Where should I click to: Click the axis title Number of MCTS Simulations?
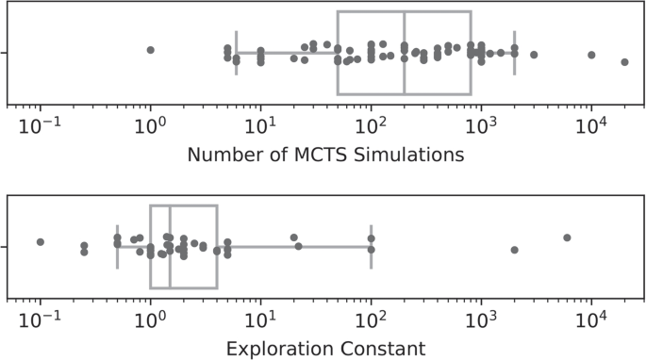coord(325,155)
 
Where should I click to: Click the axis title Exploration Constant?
coord(325,349)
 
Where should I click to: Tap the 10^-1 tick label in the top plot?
coord(39,123)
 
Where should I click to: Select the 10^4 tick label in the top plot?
coord(591,123)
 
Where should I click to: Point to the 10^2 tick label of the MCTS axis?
coord(371,123)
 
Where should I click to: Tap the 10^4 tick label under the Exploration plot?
coord(591,317)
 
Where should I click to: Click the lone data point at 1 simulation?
coord(150,49)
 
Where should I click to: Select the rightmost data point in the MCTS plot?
coord(624,62)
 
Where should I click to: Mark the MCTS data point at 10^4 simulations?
coord(591,55)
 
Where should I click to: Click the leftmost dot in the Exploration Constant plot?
coord(40,242)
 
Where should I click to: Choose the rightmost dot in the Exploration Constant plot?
coord(567,237)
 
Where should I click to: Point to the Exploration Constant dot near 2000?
coord(514,250)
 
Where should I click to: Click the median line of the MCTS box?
coord(405,53)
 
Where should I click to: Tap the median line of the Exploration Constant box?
coord(170,247)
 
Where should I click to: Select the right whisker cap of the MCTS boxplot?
coord(514,53)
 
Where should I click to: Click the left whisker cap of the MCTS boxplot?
coord(236,53)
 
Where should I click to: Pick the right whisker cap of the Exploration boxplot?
coord(371,247)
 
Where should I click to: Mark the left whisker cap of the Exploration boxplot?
coord(117,247)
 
